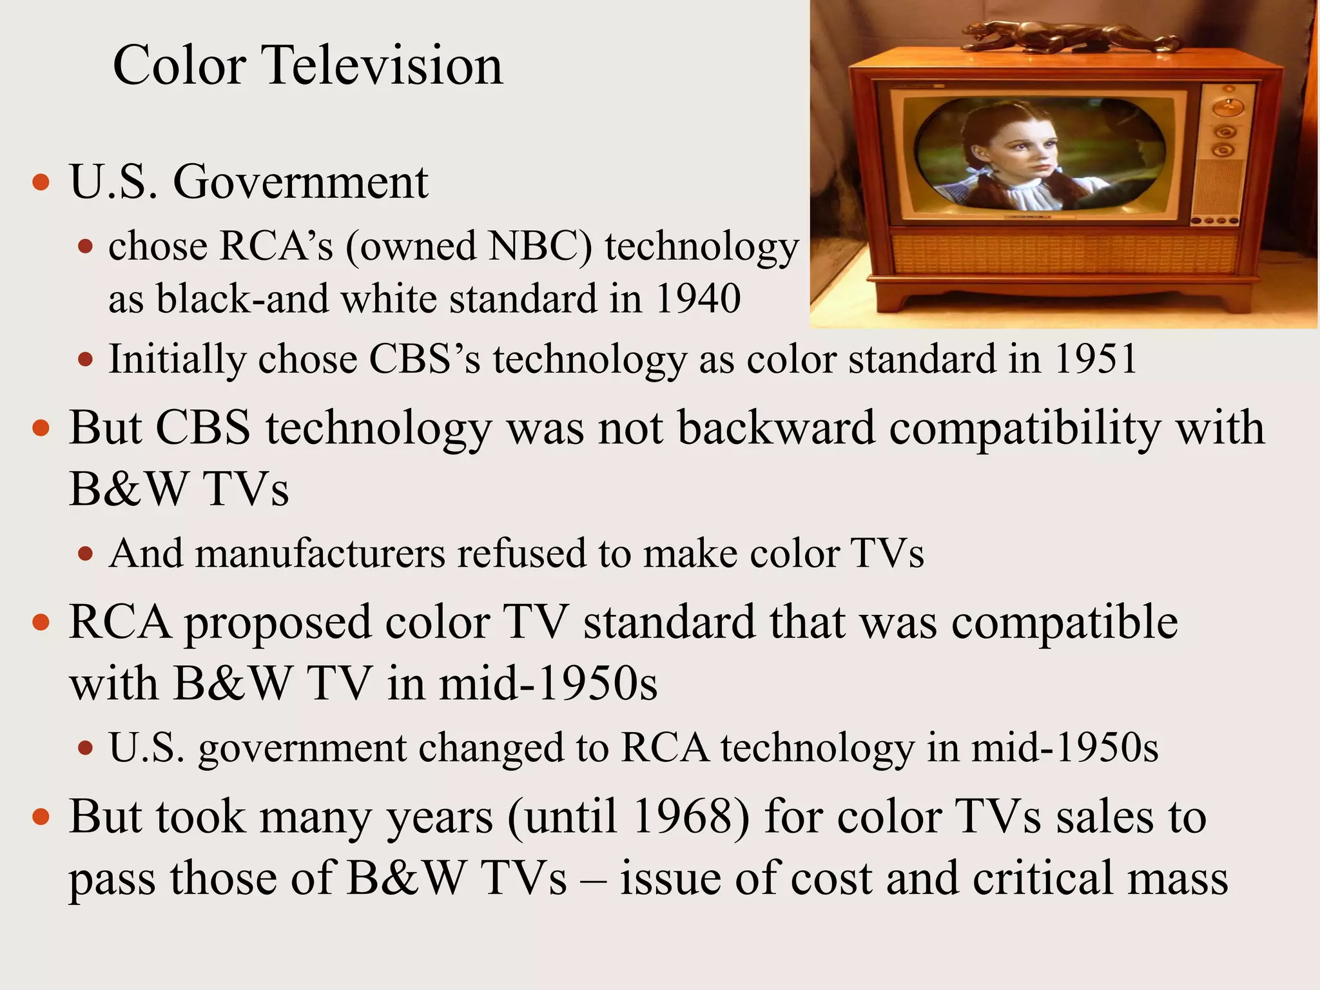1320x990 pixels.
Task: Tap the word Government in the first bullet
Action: click(300, 182)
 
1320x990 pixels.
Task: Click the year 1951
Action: click(1096, 359)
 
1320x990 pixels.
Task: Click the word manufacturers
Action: click(320, 554)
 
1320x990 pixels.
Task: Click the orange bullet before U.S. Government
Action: click(41, 182)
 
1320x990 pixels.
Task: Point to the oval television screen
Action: click(1038, 154)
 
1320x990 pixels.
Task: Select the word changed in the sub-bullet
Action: click(490, 748)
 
